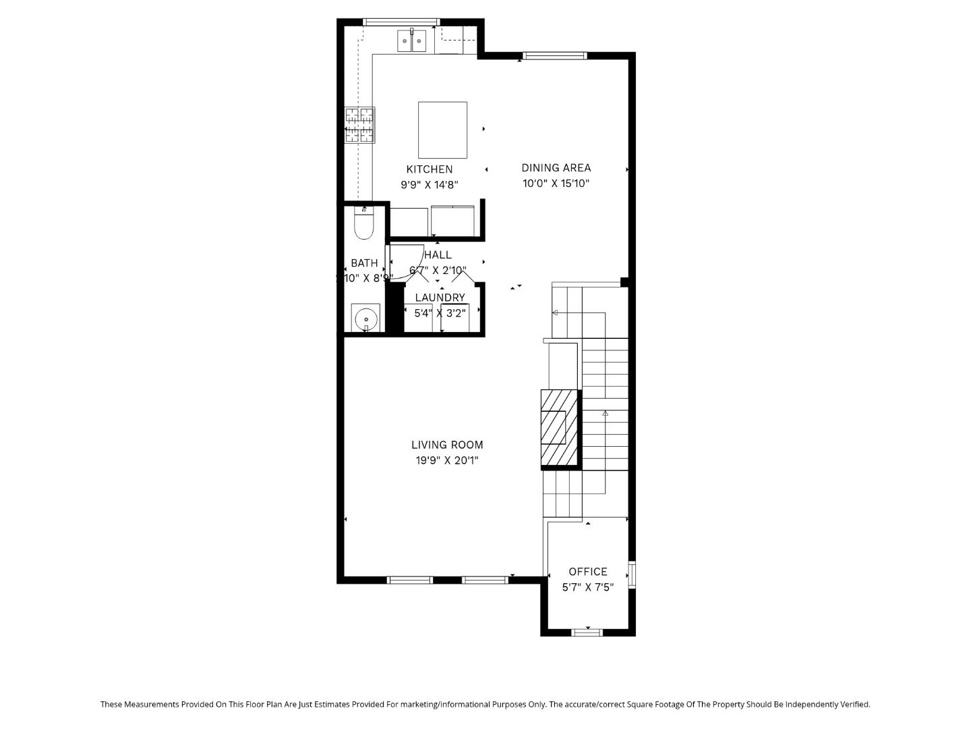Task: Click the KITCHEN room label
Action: point(429,169)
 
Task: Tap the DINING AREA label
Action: point(556,168)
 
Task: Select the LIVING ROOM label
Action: point(447,445)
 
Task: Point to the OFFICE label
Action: point(588,572)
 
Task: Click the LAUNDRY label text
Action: point(440,298)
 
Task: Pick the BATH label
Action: point(364,263)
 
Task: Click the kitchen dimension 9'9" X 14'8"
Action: point(430,184)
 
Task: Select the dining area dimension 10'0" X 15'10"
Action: point(556,184)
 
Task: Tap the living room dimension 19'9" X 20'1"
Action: point(447,460)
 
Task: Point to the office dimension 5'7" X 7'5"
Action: point(588,587)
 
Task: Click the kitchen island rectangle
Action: point(442,130)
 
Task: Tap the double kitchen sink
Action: point(411,41)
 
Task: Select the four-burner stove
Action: point(359,126)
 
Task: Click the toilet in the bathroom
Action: point(364,224)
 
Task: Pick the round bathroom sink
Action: point(365,317)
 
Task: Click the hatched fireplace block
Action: point(560,428)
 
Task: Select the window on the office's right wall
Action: point(632,575)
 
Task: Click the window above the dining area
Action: point(555,56)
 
